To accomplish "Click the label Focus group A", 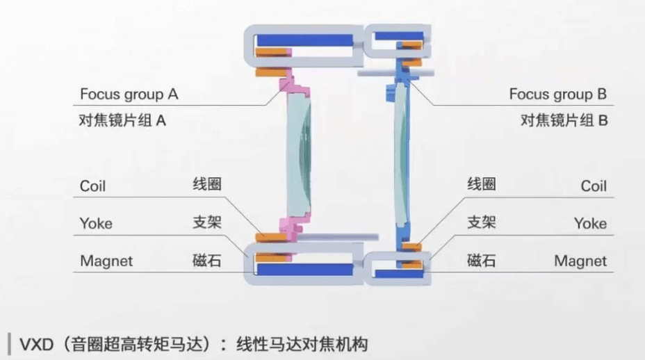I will pyautogui.click(x=129, y=94).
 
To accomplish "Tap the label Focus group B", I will pyautogui.click(x=558, y=94).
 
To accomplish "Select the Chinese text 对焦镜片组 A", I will pyautogui.click(x=123, y=120).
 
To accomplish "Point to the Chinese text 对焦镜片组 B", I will pyautogui.click(x=564, y=120).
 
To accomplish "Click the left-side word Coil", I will pyautogui.click(x=93, y=186).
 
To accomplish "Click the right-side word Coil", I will pyautogui.click(x=594, y=186).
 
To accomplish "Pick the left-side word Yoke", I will pyautogui.click(x=96, y=224).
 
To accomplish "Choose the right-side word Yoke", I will pyautogui.click(x=590, y=224).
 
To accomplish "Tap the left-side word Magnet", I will pyautogui.click(x=106, y=261).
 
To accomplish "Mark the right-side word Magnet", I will pyautogui.click(x=580, y=261).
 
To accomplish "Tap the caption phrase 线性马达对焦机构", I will pyautogui.click(x=302, y=344).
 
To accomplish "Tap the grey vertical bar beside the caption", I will pyautogui.click(x=8, y=343).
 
